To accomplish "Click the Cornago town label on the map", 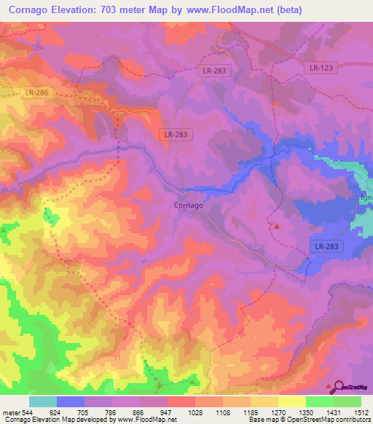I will point(188,205).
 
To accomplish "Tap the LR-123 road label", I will point(320,68).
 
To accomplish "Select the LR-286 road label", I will point(36,93).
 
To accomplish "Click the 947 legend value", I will point(168,412).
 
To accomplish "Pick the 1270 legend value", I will point(278,412).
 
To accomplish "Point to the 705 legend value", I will point(85,412).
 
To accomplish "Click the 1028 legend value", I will point(195,412).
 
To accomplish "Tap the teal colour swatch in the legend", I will point(42,401).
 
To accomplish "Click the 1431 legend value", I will point(334,412).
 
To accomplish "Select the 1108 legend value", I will point(223,412).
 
